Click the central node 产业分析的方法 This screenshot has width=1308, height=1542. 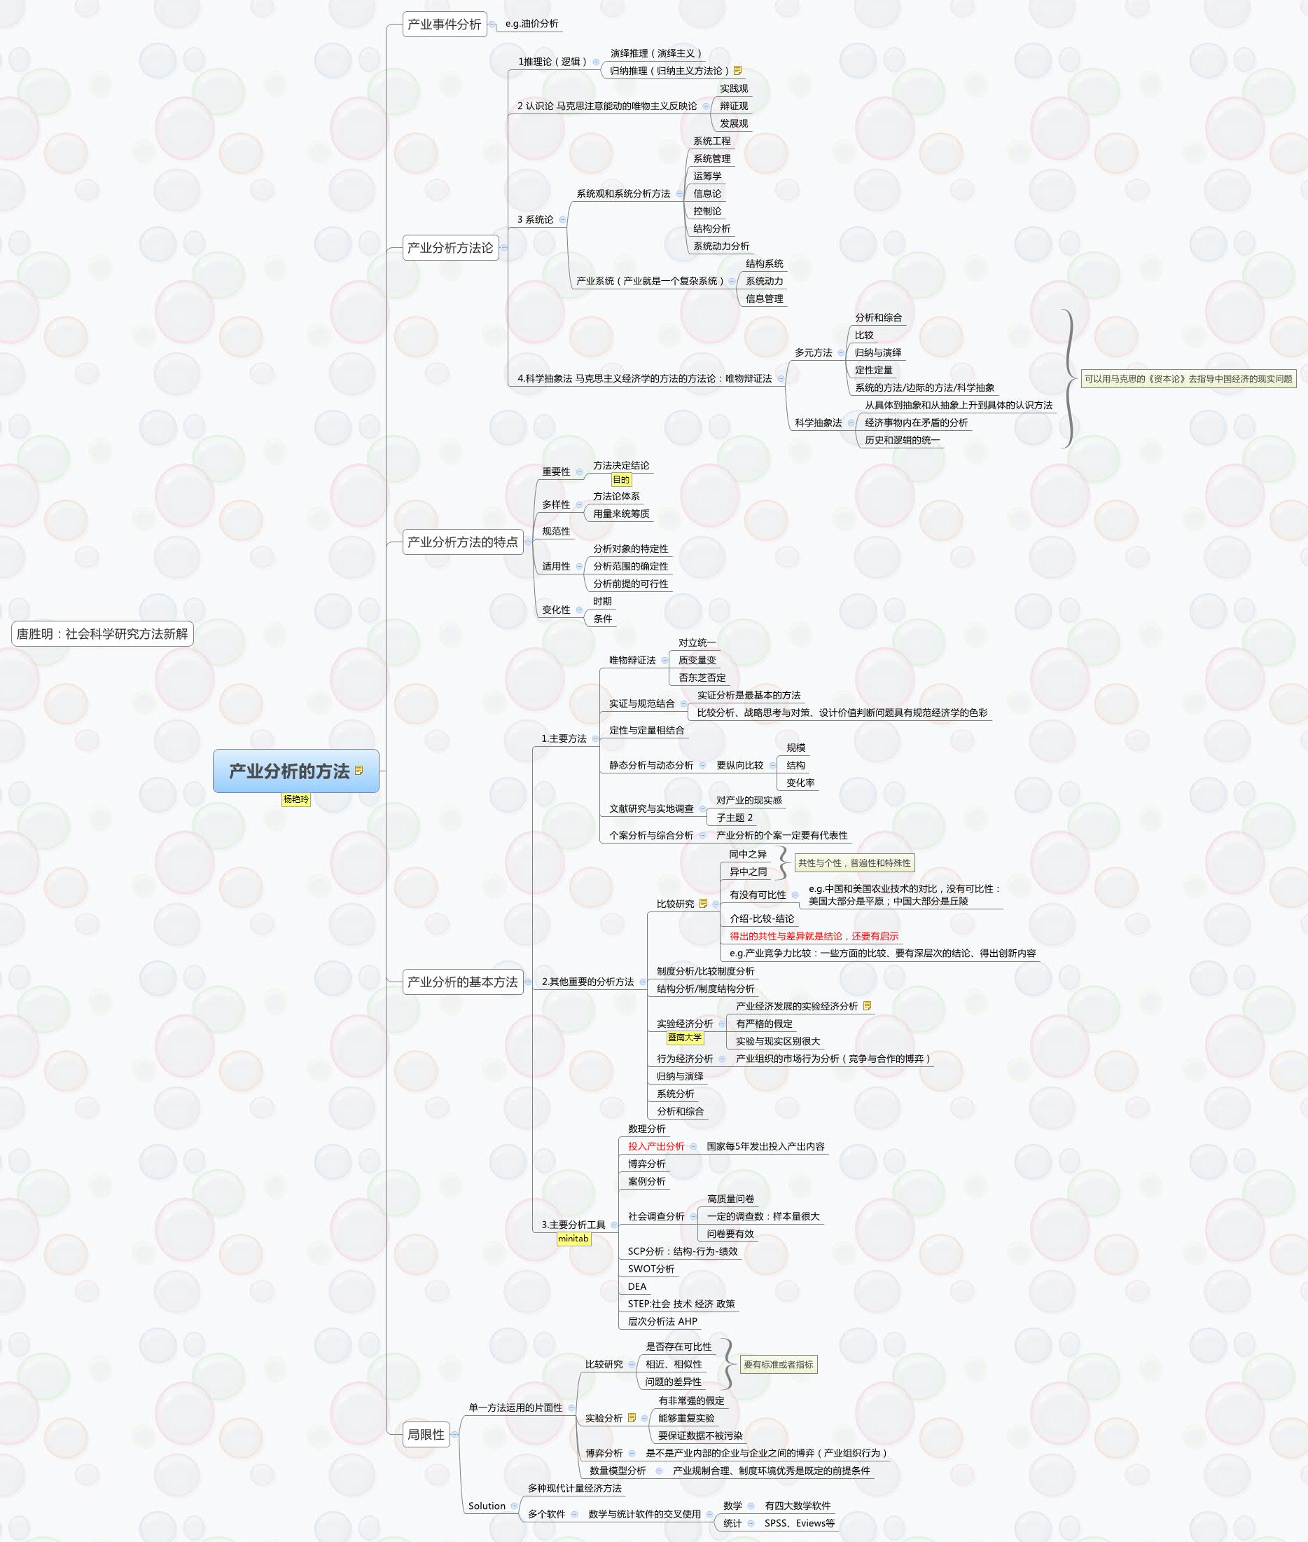pyautogui.click(x=289, y=771)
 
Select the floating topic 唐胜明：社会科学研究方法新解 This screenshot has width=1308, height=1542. pyautogui.click(x=102, y=634)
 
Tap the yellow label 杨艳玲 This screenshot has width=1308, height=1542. pyautogui.click(x=296, y=799)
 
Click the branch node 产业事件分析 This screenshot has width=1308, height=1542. pyautogui.click(x=444, y=25)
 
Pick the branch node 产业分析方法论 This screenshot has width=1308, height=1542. pyautogui.click(x=450, y=248)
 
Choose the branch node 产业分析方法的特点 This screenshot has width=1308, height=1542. pyautogui.click(x=462, y=542)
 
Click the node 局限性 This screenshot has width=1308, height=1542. pyautogui.click(x=426, y=1434)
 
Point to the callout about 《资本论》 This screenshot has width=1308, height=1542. pyautogui.click(x=1188, y=379)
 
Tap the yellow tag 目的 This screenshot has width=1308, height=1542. pyautogui.click(x=621, y=480)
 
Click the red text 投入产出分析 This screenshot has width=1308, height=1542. pyautogui.click(x=655, y=1147)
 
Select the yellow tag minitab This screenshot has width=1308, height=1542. pyautogui.click(x=573, y=1239)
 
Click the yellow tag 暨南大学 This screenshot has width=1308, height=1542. pyautogui.click(x=684, y=1038)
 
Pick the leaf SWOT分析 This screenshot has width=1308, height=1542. pyautogui.click(x=651, y=1269)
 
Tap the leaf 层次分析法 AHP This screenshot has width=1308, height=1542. pyautogui.click(x=662, y=1321)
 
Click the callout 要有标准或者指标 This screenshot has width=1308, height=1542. pyautogui.click(x=778, y=1365)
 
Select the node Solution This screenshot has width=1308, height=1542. pyautogui.click(x=487, y=1506)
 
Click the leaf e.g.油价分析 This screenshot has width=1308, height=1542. pyautogui.click(x=531, y=24)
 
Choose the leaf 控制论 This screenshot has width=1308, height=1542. pyautogui.click(x=707, y=212)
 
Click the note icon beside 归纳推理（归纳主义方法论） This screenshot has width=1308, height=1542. pyautogui.click(x=738, y=71)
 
